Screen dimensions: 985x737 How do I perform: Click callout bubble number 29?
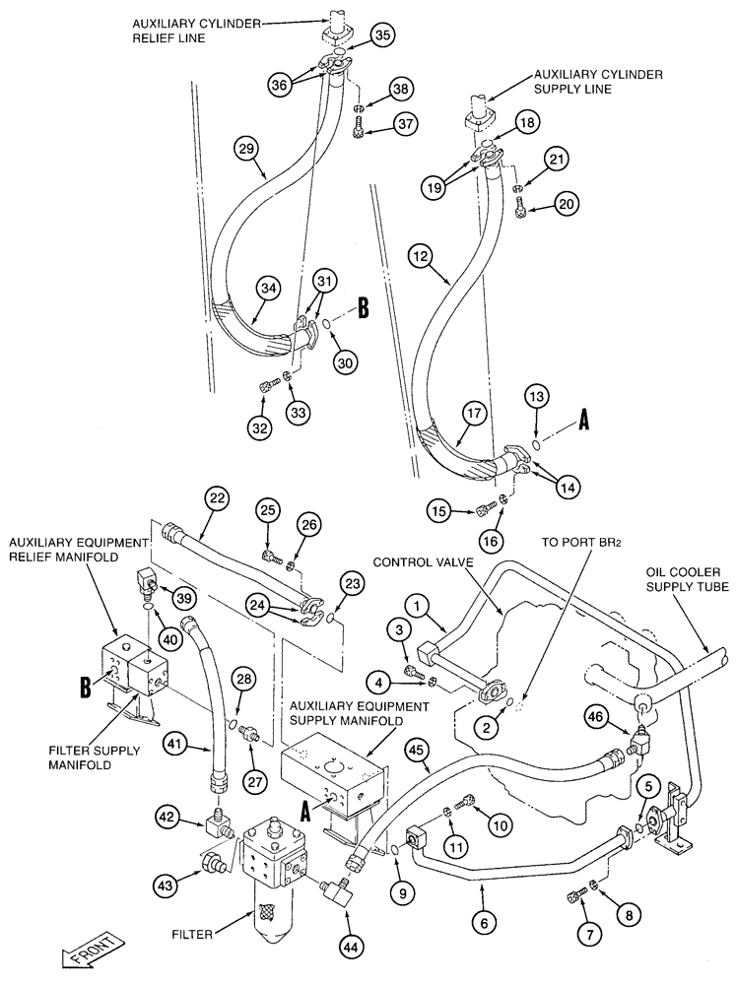246,149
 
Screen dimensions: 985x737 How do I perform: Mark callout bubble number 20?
566,205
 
